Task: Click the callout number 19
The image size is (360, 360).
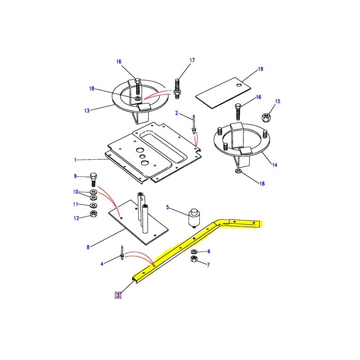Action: [x=260, y=69]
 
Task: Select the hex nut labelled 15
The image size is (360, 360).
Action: [x=266, y=117]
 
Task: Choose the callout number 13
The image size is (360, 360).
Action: [x=87, y=110]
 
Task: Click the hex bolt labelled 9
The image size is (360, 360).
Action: [x=93, y=179]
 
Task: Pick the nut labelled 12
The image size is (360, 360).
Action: [x=93, y=213]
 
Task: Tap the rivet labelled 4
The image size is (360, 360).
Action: [x=122, y=253]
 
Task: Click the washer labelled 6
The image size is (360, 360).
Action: [x=193, y=251]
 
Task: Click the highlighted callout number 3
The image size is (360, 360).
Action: [x=118, y=295]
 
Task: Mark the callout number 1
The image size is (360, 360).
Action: [x=76, y=160]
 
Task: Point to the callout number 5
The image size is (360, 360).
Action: [x=167, y=207]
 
